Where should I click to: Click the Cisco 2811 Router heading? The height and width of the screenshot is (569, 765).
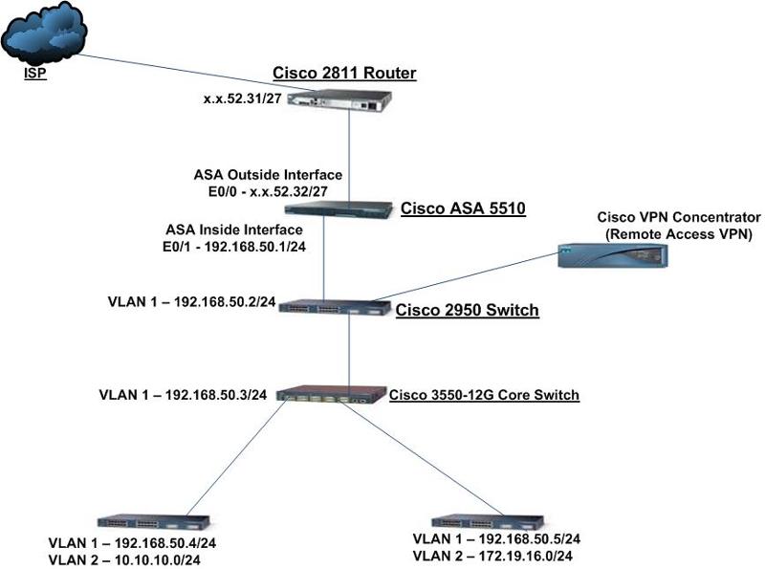coord(344,74)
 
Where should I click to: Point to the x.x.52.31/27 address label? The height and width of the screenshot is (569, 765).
coord(241,98)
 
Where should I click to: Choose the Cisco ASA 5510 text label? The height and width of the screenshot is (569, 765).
coord(463,208)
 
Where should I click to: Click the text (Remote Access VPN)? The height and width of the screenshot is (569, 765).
coord(679,232)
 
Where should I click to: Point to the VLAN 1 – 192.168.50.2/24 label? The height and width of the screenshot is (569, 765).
coord(192,302)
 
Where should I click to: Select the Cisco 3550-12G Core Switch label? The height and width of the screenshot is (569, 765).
coord(484,394)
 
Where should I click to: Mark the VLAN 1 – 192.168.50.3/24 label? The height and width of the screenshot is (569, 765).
coord(182,393)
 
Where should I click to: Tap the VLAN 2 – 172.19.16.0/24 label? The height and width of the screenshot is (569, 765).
coord(496,556)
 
